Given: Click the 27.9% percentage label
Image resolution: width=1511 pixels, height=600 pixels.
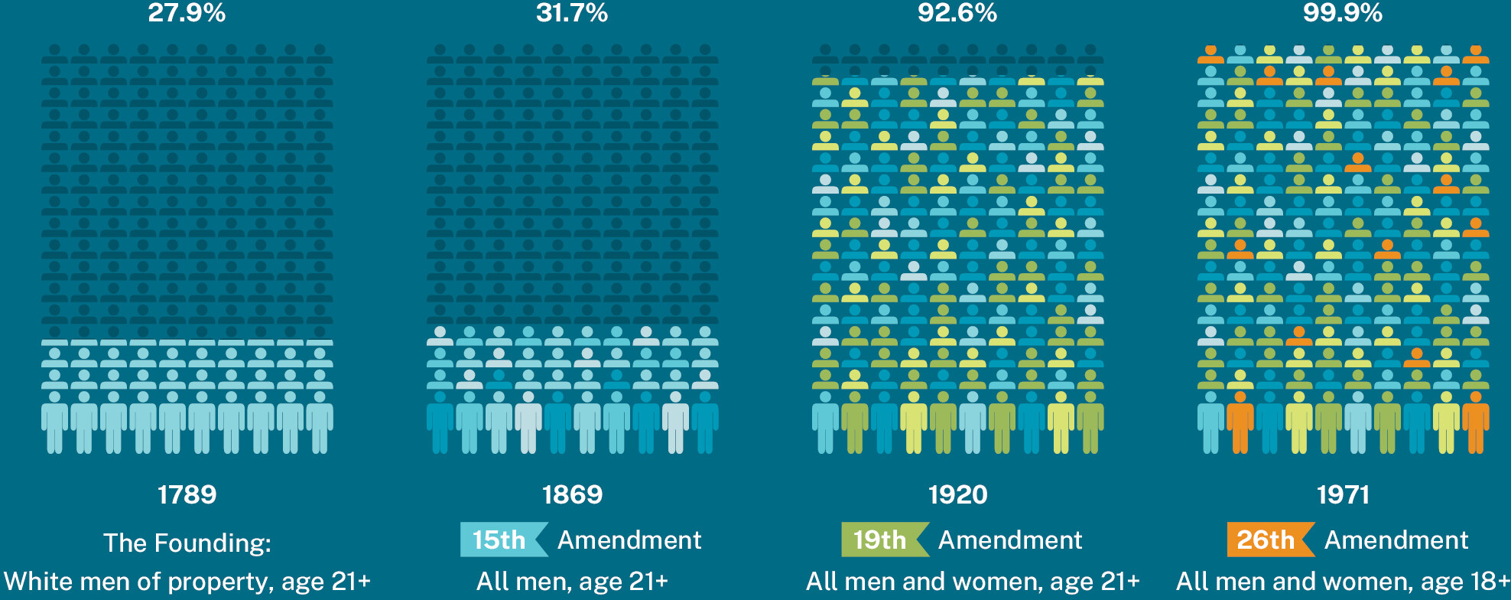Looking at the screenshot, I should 187,13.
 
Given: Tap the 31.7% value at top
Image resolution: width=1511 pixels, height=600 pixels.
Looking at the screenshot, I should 572,13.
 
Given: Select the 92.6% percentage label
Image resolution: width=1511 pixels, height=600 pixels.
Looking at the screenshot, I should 957,13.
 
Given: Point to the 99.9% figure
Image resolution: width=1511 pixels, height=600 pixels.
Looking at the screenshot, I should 1343,13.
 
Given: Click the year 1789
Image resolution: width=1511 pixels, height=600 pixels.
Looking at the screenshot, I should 187,494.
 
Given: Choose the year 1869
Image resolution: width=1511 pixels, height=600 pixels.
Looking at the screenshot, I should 572,494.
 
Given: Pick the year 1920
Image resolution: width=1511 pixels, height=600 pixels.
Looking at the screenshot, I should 957,494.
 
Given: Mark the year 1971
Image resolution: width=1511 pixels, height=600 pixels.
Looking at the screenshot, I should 1343,494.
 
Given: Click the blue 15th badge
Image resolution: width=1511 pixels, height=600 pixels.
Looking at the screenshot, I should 502,540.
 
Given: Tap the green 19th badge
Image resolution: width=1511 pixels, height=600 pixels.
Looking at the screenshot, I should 882,540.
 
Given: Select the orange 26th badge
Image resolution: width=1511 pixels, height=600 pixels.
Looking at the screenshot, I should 1268,540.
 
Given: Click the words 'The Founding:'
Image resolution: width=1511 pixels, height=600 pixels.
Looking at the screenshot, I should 187,543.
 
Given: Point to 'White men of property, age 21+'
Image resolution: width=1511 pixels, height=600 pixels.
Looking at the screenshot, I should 187,582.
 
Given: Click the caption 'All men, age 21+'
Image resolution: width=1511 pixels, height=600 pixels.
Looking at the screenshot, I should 572,582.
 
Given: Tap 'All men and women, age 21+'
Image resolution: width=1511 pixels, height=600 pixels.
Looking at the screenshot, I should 973,582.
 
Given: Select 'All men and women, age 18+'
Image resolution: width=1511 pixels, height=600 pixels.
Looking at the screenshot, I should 1343,582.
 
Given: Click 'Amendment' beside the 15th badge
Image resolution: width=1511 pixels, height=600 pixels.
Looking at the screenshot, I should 629,540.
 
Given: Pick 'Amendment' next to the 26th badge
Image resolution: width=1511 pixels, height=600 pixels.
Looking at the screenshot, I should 1396,540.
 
